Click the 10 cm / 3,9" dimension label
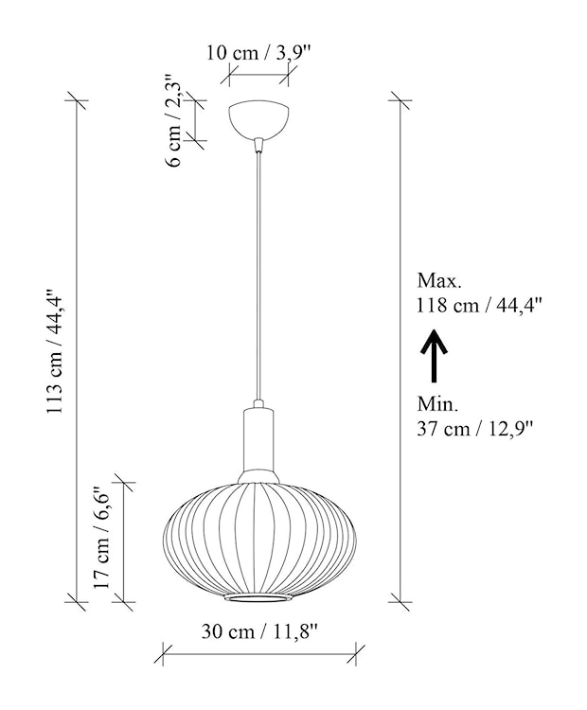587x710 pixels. click(x=259, y=53)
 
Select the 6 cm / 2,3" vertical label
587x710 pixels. click(x=174, y=120)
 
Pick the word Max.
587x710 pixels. click(x=438, y=281)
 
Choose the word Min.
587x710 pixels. click(x=437, y=404)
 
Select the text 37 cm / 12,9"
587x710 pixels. click(x=474, y=428)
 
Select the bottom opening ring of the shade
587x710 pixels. click(x=258, y=600)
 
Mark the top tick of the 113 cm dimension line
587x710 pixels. click(x=77, y=99)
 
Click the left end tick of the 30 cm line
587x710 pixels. click(x=164, y=651)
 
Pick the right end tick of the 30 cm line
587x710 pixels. click(x=357, y=651)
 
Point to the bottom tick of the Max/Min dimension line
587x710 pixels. click(x=400, y=599)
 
